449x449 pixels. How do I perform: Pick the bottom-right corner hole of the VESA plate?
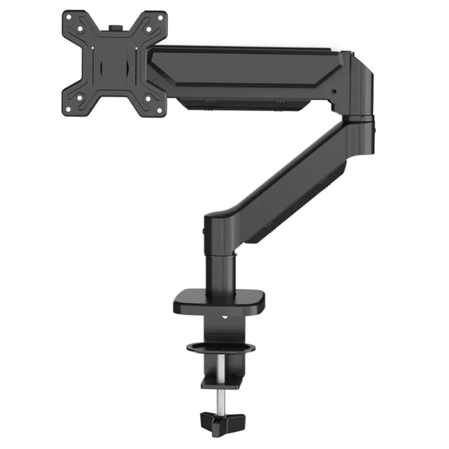point(161,109)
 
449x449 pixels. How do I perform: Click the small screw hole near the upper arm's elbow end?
point(333,92)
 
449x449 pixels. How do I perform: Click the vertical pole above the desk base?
point(221,269)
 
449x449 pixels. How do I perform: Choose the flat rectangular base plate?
point(218,302)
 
